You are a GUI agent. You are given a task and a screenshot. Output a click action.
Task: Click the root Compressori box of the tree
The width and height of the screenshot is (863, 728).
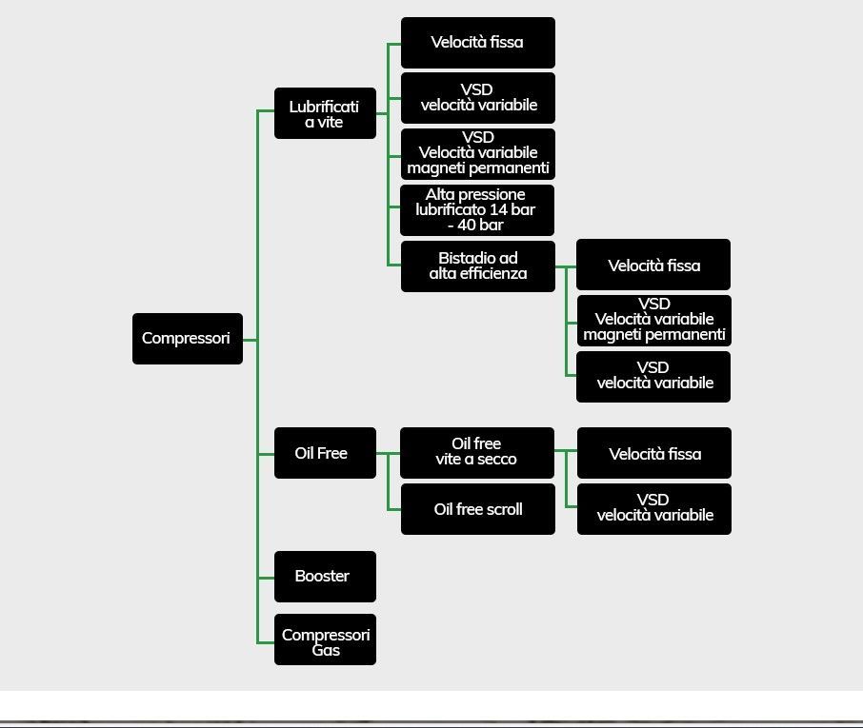[x=188, y=339]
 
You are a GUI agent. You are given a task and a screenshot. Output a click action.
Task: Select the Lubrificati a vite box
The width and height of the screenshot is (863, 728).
[x=325, y=113]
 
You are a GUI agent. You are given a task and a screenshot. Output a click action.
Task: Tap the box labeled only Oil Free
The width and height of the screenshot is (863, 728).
[x=325, y=453]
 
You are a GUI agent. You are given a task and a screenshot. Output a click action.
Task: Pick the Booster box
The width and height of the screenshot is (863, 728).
[x=325, y=577]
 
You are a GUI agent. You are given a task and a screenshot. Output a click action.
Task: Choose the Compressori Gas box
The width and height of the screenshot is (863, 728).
[x=325, y=639]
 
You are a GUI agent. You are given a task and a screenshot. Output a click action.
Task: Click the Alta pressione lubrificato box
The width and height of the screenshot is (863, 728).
[x=477, y=210]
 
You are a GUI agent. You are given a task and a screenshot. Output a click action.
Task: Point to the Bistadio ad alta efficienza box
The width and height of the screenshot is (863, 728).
[x=478, y=266]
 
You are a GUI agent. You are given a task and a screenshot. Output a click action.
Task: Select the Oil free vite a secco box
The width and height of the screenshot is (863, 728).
[x=477, y=453]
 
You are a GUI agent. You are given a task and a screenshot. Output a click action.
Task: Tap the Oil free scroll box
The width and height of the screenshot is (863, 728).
[x=478, y=509]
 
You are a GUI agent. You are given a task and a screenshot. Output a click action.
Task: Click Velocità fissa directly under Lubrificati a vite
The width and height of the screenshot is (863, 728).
[x=478, y=43]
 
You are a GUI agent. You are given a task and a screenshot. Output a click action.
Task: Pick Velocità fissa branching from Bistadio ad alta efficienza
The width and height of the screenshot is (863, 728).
[x=653, y=265]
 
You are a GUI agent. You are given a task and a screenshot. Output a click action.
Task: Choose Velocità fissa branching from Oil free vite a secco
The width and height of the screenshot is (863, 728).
[x=654, y=453]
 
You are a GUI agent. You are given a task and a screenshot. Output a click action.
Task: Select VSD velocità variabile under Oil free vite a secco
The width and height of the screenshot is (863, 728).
[x=654, y=509]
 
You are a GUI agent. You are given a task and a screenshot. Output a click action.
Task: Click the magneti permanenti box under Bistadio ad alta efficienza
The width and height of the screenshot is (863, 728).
[x=653, y=321]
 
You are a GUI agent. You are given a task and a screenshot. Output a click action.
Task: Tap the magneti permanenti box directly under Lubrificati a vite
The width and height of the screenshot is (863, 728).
[x=478, y=154]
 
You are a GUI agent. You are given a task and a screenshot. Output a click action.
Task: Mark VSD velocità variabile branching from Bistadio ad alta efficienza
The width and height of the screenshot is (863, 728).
[x=653, y=377]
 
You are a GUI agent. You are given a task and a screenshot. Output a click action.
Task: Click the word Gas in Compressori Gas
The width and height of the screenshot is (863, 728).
[x=326, y=651]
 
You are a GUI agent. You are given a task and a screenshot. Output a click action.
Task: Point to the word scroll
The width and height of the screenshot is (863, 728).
[x=500, y=509]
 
